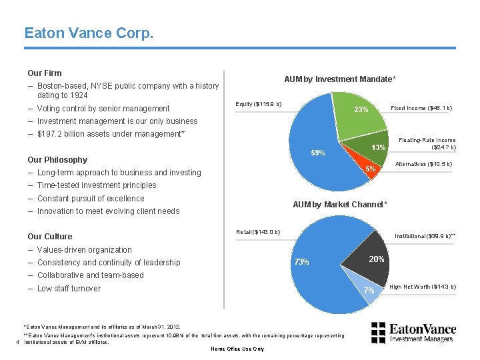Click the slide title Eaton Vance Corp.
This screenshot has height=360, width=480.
(x=89, y=32)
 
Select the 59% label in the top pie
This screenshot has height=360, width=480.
(x=318, y=153)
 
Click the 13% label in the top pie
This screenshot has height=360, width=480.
(x=379, y=147)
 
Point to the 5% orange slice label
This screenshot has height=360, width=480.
(x=371, y=169)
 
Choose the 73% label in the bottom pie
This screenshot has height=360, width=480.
(x=301, y=262)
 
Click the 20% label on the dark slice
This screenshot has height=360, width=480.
(x=377, y=259)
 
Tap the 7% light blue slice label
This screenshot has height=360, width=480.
(x=369, y=291)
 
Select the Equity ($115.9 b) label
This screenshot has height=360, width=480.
(x=259, y=104)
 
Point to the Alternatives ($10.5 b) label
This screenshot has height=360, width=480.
(x=424, y=164)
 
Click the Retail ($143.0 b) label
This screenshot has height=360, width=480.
(x=258, y=232)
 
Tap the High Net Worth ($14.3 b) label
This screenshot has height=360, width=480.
(x=423, y=287)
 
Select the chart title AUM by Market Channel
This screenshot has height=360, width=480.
(x=339, y=204)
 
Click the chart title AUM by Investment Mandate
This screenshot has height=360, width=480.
(x=339, y=79)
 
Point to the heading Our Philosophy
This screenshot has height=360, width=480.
(x=57, y=160)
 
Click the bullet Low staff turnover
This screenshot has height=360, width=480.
(x=69, y=289)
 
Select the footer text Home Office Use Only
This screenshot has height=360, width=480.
(x=237, y=349)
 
